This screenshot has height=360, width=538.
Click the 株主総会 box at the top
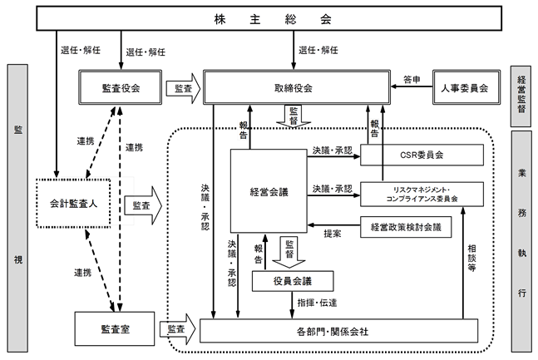269,18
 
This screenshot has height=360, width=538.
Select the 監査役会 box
120,87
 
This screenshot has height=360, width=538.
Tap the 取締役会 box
297,87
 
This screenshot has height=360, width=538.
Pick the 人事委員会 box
466,87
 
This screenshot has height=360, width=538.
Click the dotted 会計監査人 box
73,203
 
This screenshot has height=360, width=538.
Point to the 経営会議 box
269,191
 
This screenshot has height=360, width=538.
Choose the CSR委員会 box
422,155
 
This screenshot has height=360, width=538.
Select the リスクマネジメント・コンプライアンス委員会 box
422,195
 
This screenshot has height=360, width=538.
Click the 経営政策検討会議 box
406,227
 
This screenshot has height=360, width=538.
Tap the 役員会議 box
293,281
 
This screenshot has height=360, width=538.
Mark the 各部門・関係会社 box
338,331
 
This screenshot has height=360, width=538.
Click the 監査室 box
115,328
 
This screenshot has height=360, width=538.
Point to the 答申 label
412,80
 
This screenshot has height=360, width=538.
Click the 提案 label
332,234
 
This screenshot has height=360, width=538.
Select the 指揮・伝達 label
317,303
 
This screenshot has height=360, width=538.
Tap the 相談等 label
471,258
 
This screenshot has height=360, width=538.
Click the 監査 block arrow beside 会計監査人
143,205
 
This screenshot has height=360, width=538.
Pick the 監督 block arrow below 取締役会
294,116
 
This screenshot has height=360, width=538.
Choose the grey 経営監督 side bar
521,96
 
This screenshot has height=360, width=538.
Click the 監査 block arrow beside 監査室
178,329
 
